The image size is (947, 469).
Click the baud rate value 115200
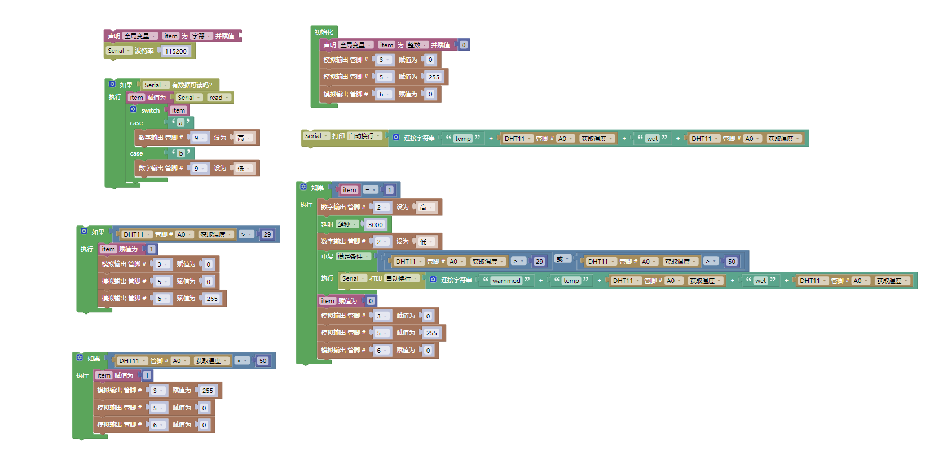[175, 51]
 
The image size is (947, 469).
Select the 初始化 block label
[324, 32]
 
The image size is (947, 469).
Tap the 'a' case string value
[180, 123]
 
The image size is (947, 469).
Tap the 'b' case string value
[180, 153]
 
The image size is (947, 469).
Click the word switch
[150, 110]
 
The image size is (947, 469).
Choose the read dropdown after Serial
[218, 98]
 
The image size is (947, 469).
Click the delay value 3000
[375, 225]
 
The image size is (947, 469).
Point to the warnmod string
[506, 281]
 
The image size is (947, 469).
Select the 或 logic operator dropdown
[562, 259]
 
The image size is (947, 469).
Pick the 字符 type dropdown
[201, 36]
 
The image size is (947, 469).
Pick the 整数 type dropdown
[416, 45]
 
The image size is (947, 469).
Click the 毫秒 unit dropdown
[346, 224]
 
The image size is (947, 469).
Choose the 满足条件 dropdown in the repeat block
[353, 256]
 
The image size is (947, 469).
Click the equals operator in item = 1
[370, 190]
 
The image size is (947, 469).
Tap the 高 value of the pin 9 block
[244, 138]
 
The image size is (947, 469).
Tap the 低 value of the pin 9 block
[244, 169]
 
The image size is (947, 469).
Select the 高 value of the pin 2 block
[426, 207]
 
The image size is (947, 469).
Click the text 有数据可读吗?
[192, 85]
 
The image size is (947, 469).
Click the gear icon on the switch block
[134, 109]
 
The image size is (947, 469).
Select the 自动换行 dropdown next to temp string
[364, 136]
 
